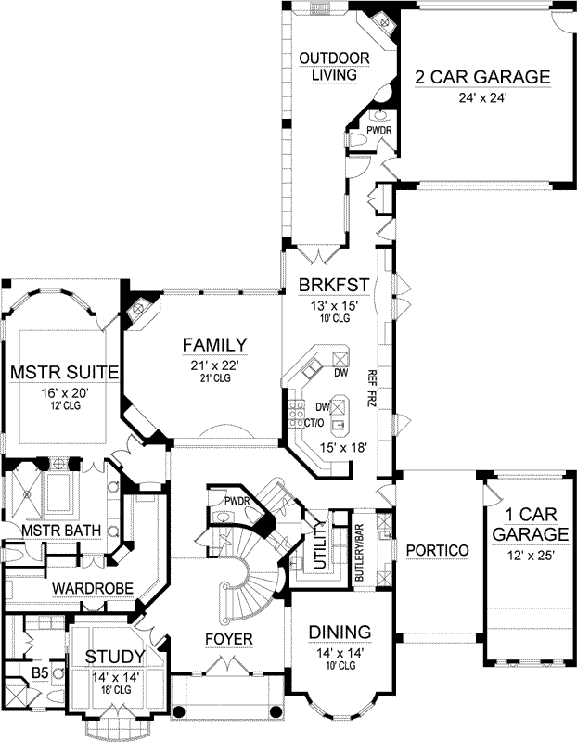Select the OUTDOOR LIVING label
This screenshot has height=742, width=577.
pos(335,68)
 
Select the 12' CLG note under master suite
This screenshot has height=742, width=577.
pos(64,407)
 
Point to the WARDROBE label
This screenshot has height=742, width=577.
pos(92,588)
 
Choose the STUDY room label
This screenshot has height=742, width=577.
pos(116,658)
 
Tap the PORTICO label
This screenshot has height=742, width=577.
pos(437,550)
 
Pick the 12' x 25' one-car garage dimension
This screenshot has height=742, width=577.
pos(529,555)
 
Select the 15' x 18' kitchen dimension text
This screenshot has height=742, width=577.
pos(343,448)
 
